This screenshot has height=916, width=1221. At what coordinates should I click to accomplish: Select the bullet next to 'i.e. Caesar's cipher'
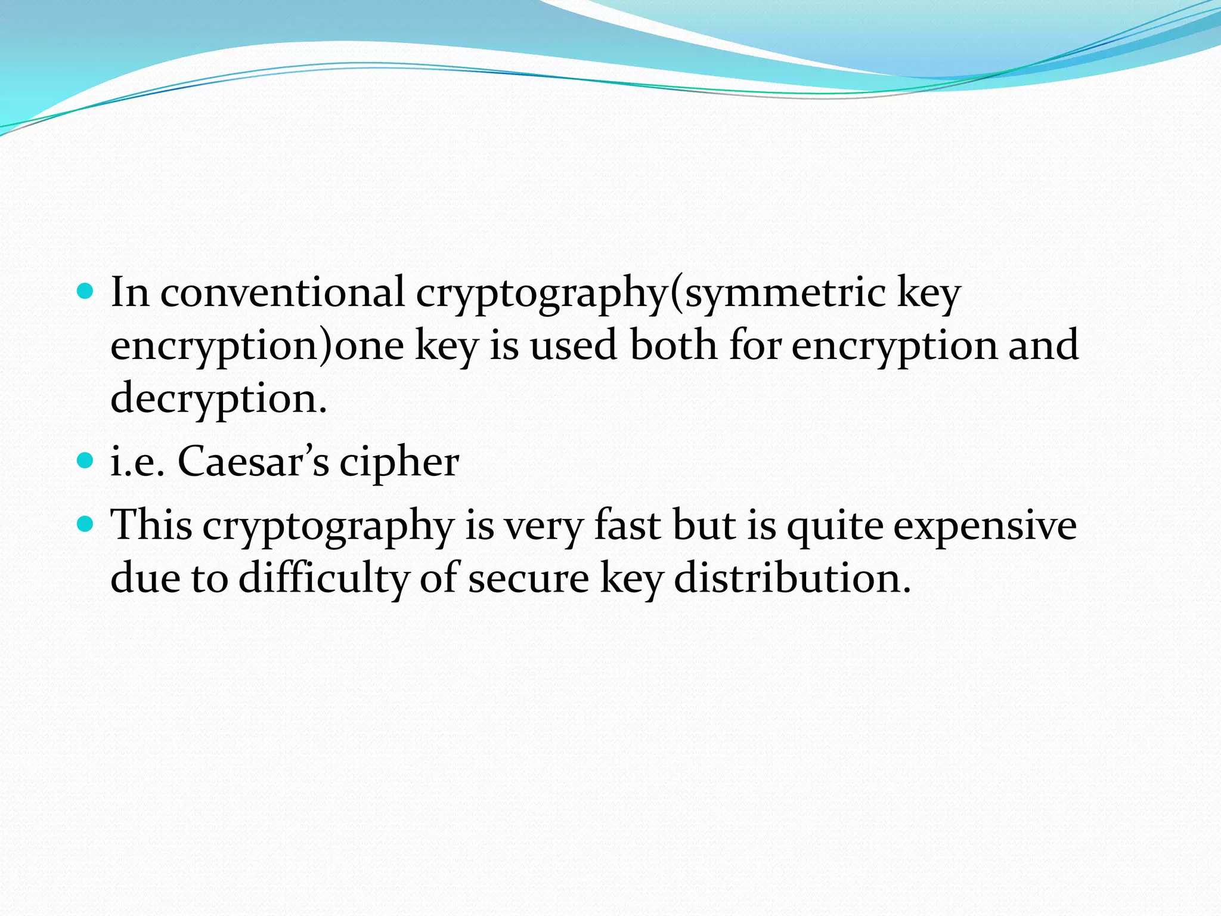86,460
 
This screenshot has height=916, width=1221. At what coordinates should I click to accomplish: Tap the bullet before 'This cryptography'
86,524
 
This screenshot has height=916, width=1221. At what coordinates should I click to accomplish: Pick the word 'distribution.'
792,578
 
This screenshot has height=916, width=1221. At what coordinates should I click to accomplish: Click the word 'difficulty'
324,578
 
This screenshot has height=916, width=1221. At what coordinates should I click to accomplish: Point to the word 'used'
573,345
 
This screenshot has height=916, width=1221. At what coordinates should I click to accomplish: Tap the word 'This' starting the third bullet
152,525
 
